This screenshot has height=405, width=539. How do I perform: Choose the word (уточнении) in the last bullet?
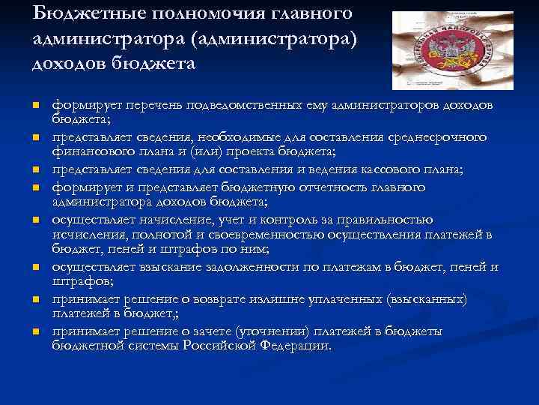272,331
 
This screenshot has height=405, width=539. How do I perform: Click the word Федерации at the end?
295,345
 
